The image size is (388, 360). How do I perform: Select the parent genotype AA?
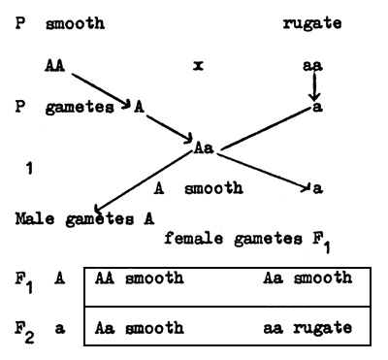(55, 66)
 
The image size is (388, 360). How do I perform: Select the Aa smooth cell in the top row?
(307, 278)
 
